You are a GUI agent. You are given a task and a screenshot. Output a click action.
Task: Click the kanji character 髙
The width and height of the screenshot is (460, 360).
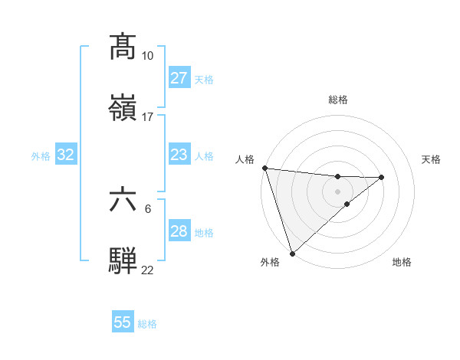pos(124,46)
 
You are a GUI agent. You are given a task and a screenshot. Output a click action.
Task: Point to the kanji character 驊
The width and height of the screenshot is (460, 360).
pos(124,260)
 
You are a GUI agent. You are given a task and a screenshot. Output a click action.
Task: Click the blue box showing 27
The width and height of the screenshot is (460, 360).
pos(179,78)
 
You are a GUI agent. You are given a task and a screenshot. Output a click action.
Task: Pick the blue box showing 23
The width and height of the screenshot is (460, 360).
pos(179,155)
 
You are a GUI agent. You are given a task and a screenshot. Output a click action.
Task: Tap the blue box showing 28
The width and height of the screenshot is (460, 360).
pos(179,231)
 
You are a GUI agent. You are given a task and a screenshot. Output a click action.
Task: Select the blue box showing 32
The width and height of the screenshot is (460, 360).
pos(66,155)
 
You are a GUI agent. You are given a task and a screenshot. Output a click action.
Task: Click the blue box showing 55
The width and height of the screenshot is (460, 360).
pos(123,322)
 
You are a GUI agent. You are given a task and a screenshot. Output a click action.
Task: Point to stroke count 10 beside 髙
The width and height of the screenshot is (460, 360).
pos(147,56)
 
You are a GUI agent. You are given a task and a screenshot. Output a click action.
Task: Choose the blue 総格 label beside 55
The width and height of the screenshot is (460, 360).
pos(147,324)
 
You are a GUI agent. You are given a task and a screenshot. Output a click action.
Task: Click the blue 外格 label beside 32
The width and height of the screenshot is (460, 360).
pos(41,156)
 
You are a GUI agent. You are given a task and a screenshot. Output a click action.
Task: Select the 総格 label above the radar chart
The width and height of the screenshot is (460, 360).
pos(338,100)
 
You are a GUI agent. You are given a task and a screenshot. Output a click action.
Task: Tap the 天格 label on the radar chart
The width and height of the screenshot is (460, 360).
pos(431,159)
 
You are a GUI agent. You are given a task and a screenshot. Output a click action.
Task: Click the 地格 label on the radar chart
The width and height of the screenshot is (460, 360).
pos(402,262)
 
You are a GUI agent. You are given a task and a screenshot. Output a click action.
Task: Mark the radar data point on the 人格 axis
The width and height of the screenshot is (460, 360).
pos(264,168)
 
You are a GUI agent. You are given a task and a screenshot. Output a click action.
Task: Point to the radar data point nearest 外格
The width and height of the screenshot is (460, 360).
pos(292,253)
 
